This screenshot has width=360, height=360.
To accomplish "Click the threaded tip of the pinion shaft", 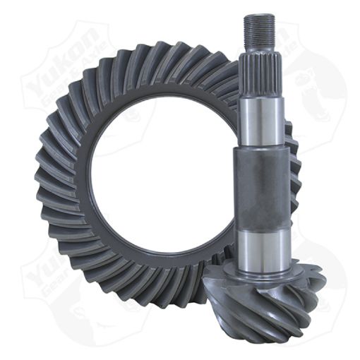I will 259,28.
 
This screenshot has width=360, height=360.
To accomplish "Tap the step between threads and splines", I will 259,46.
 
